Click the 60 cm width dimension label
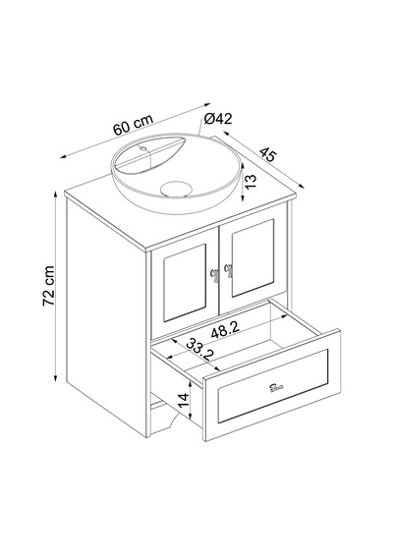[133, 125]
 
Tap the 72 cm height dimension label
[48, 286]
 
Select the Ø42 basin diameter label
[218, 119]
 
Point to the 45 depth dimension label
[268, 154]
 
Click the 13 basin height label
[252, 182]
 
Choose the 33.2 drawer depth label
[200, 349]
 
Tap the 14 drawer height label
[183, 401]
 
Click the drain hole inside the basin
[175, 189]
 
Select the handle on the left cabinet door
[215, 276]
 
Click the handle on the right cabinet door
[228, 271]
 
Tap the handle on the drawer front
[276, 387]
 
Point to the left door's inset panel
[185, 283]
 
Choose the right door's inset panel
[253, 257]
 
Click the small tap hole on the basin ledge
[143, 148]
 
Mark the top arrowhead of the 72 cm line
[56, 194]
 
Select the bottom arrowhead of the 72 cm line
[56, 379]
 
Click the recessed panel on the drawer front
[272, 386]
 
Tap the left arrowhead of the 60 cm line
[64, 156]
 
